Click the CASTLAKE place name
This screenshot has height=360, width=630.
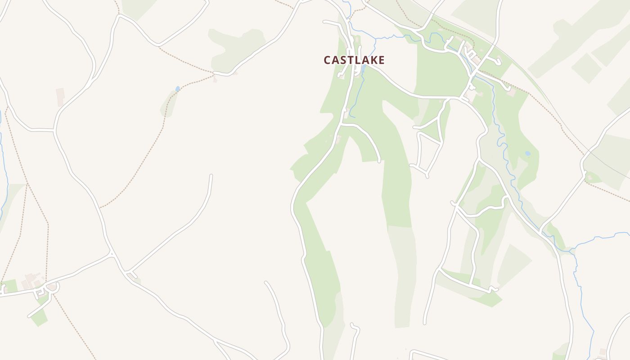tap(354, 60)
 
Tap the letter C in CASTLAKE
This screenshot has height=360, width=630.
tap(328, 60)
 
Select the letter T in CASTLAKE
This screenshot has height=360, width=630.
tap(348, 60)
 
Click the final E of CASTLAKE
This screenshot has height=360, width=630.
tap(381, 60)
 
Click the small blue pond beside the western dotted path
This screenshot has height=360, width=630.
tap(178, 89)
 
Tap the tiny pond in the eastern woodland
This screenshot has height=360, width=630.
tap(527, 153)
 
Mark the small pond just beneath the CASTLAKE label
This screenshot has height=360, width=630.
tap(363, 69)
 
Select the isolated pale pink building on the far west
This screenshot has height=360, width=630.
tap(60, 97)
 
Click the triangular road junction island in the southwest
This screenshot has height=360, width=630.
tap(132, 274)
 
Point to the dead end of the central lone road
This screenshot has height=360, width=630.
tap(211, 176)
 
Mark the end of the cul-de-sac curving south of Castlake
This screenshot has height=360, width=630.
tap(379, 160)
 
